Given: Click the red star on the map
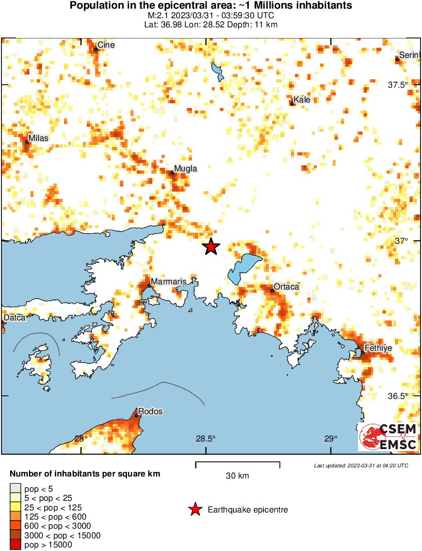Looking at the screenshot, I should tap(211, 247).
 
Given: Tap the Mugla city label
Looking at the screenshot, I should tap(185, 169).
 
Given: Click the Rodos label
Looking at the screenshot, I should tap(150, 412).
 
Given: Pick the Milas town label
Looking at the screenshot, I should tap(39, 138).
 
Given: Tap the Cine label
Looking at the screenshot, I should tap(106, 45).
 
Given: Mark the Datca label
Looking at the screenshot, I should tap(13, 318).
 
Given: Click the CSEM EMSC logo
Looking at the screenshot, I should tap(388, 437).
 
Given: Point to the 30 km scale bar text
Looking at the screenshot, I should tap(238, 475).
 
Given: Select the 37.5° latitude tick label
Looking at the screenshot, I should tap(398, 85).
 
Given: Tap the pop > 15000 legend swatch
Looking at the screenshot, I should tap(15, 545).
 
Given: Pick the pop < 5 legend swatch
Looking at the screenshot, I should tap(15, 489).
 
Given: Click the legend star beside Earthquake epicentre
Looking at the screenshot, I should tap(194, 510).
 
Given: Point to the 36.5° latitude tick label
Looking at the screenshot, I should tap(398, 396).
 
